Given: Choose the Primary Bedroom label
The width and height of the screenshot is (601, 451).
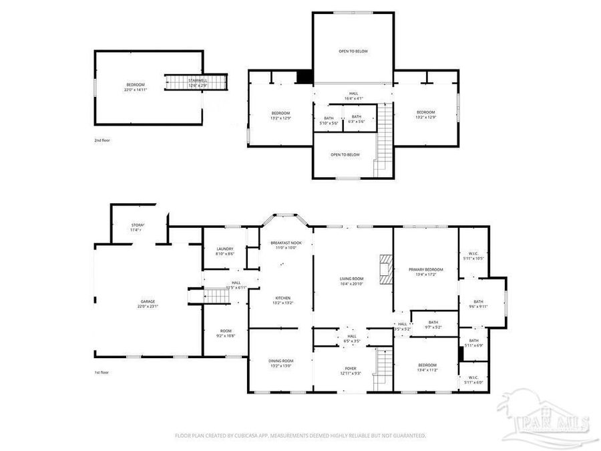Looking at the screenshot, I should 425,271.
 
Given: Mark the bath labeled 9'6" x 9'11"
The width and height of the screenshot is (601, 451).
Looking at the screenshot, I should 478,304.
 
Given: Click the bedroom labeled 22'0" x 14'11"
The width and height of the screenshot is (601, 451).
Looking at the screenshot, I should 136,86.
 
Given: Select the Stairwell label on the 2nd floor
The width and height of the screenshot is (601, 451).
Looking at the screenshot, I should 198,83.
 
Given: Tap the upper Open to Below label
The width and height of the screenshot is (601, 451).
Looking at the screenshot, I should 353,51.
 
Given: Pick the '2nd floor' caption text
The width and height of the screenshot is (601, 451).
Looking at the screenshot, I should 102,141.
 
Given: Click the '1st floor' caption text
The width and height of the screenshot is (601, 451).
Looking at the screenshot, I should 102,372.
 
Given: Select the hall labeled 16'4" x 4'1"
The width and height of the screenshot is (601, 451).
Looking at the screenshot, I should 353,96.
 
